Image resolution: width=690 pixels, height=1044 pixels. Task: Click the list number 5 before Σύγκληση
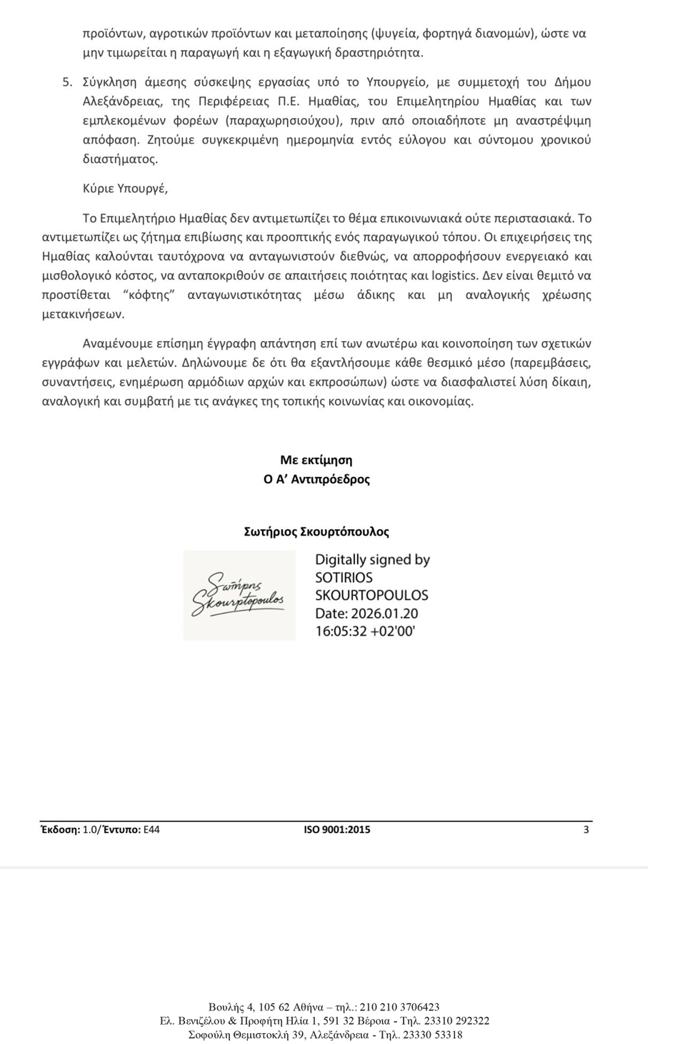(66, 82)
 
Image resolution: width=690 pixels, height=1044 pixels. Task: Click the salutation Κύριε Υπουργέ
(125, 189)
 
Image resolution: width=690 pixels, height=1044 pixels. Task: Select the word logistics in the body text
(454, 276)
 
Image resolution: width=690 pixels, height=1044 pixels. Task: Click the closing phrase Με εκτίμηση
(316, 461)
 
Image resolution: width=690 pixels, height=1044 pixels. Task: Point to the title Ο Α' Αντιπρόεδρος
(316, 480)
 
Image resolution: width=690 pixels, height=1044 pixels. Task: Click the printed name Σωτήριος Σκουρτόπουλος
(316, 532)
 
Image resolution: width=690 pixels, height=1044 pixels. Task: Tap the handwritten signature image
(239, 596)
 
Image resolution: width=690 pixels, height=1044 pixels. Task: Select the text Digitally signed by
(372, 560)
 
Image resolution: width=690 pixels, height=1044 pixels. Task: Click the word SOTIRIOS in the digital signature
(344, 578)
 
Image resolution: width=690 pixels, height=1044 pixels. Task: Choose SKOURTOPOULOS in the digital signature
(371, 596)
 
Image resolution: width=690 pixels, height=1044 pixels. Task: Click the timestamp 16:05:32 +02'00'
(365, 631)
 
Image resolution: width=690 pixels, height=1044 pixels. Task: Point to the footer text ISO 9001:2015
(337, 830)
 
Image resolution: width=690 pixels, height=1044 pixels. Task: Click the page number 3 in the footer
(586, 830)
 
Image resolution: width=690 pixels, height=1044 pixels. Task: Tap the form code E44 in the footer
(151, 830)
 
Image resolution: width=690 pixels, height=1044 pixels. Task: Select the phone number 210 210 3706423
(399, 1008)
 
